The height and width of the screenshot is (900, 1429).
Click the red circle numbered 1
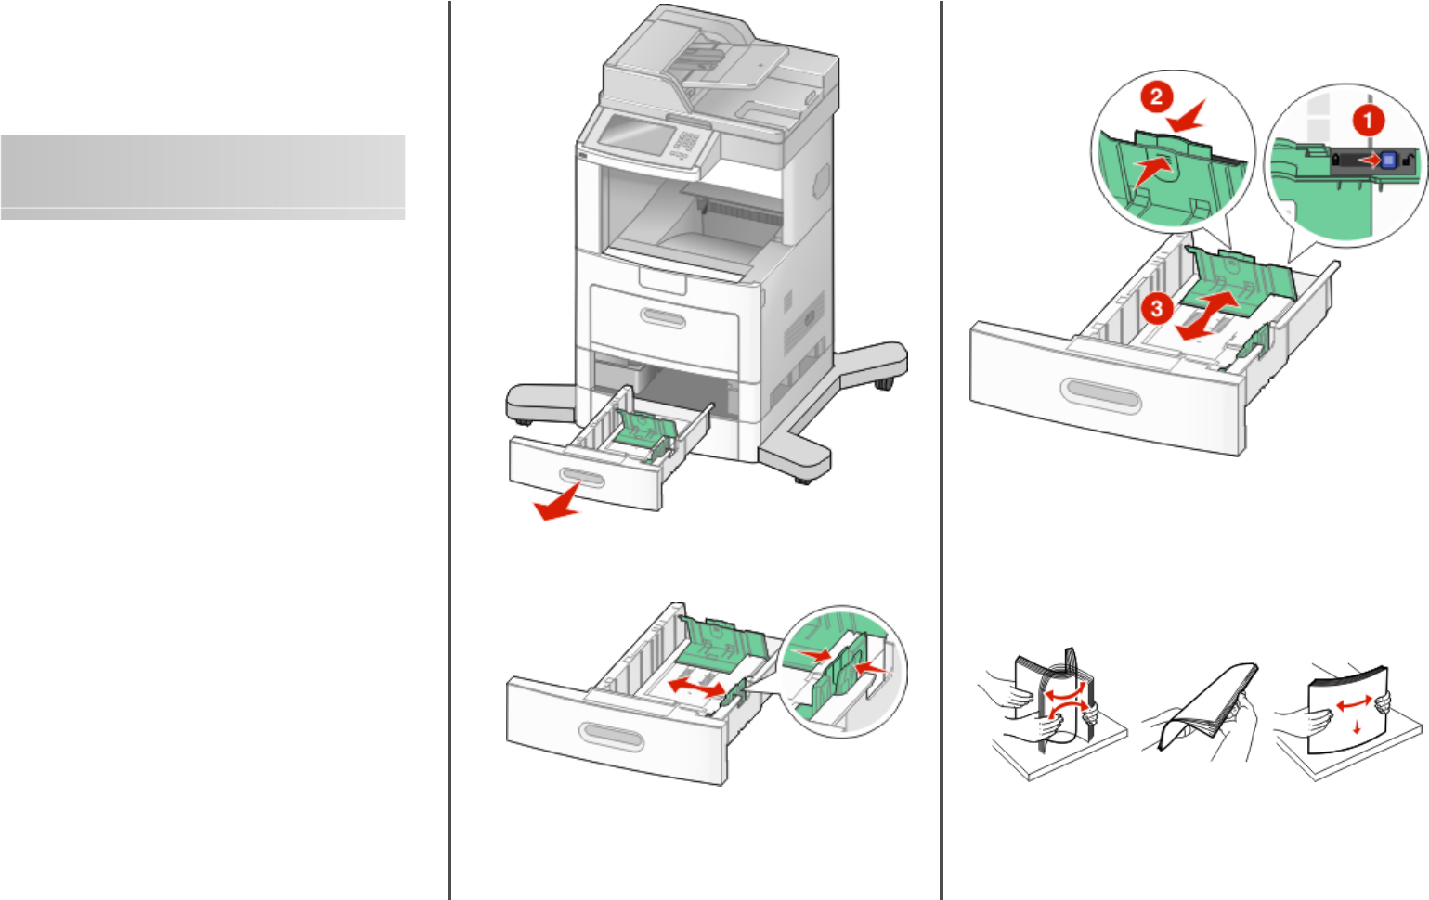click(x=1367, y=120)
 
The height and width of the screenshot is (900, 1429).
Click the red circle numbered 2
click(x=1156, y=97)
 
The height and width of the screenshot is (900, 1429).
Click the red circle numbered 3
click(x=1156, y=308)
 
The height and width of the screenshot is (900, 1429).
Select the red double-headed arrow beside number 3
click(x=1206, y=315)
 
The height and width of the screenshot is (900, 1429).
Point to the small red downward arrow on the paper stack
click(x=1358, y=727)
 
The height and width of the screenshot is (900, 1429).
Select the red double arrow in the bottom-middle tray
click(x=696, y=688)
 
